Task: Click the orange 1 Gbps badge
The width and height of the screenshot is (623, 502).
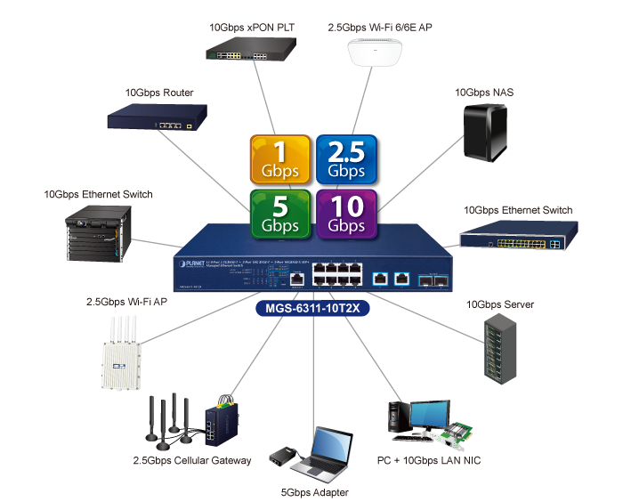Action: coord(280,158)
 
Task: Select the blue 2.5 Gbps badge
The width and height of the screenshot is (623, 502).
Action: coord(346,158)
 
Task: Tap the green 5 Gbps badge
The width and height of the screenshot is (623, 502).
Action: coord(280,215)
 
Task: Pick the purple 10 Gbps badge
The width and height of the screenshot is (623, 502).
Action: coord(346,215)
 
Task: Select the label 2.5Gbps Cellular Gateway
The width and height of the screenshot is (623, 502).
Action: coord(192,460)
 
